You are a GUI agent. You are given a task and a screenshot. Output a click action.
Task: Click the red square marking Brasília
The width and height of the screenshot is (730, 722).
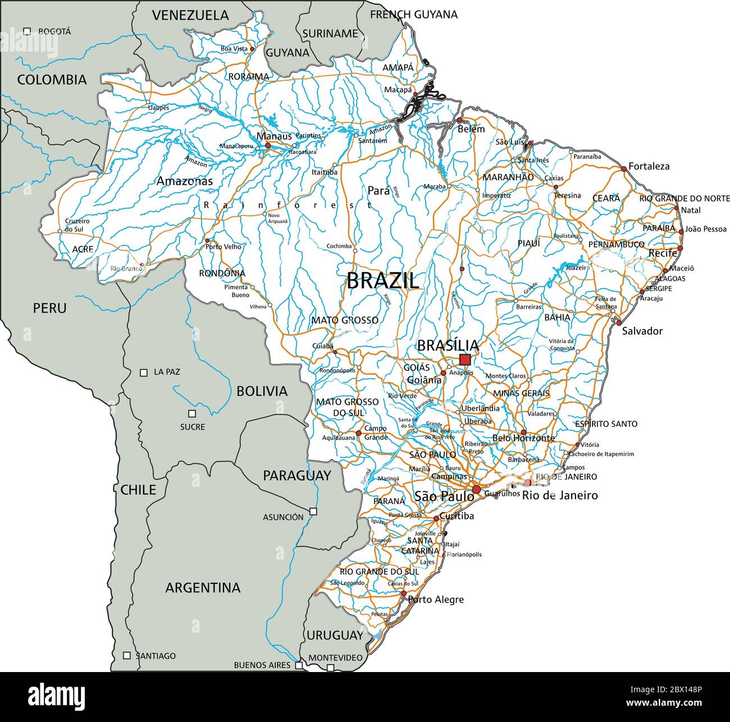(x=465, y=360)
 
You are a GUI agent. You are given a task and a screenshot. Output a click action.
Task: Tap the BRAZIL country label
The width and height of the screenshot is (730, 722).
(x=382, y=280)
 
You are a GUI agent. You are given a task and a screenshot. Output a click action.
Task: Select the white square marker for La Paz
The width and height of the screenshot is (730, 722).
(x=144, y=372)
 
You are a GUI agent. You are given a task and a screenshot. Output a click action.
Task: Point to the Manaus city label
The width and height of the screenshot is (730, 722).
(x=274, y=136)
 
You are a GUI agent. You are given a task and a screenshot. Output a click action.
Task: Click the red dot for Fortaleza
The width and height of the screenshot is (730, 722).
(x=623, y=168)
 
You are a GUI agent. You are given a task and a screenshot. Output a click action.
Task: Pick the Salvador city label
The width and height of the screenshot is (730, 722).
(x=642, y=331)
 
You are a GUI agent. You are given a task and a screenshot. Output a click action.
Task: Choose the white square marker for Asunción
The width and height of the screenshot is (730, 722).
(x=313, y=511)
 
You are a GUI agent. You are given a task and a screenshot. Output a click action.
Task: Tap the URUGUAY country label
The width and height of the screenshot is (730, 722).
(x=335, y=636)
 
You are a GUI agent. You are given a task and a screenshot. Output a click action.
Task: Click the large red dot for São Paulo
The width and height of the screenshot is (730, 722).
(x=476, y=490)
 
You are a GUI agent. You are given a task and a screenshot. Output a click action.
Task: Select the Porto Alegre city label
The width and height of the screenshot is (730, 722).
(x=436, y=600)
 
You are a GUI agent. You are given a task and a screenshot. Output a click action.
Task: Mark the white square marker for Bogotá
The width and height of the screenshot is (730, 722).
(x=27, y=31)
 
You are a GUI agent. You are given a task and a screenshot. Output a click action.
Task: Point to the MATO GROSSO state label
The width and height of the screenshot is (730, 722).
(x=345, y=320)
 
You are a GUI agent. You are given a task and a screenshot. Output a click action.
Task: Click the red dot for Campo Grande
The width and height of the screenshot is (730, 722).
(x=358, y=433)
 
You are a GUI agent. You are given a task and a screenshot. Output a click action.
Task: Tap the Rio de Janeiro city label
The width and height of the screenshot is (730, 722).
(x=560, y=495)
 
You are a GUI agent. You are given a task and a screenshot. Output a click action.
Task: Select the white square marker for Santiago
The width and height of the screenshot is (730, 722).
(x=127, y=655)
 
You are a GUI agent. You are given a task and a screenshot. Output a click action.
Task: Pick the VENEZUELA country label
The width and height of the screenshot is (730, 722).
(x=191, y=15)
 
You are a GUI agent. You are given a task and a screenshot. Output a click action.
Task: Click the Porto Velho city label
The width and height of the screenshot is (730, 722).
(x=223, y=246)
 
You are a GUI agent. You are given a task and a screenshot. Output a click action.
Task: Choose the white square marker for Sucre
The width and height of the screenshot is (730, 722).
(x=192, y=414)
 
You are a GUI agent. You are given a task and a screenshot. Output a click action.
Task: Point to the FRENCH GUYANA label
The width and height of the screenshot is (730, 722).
(x=414, y=15)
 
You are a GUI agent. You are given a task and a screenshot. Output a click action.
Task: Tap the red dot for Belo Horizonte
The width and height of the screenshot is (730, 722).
(x=523, y=432)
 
